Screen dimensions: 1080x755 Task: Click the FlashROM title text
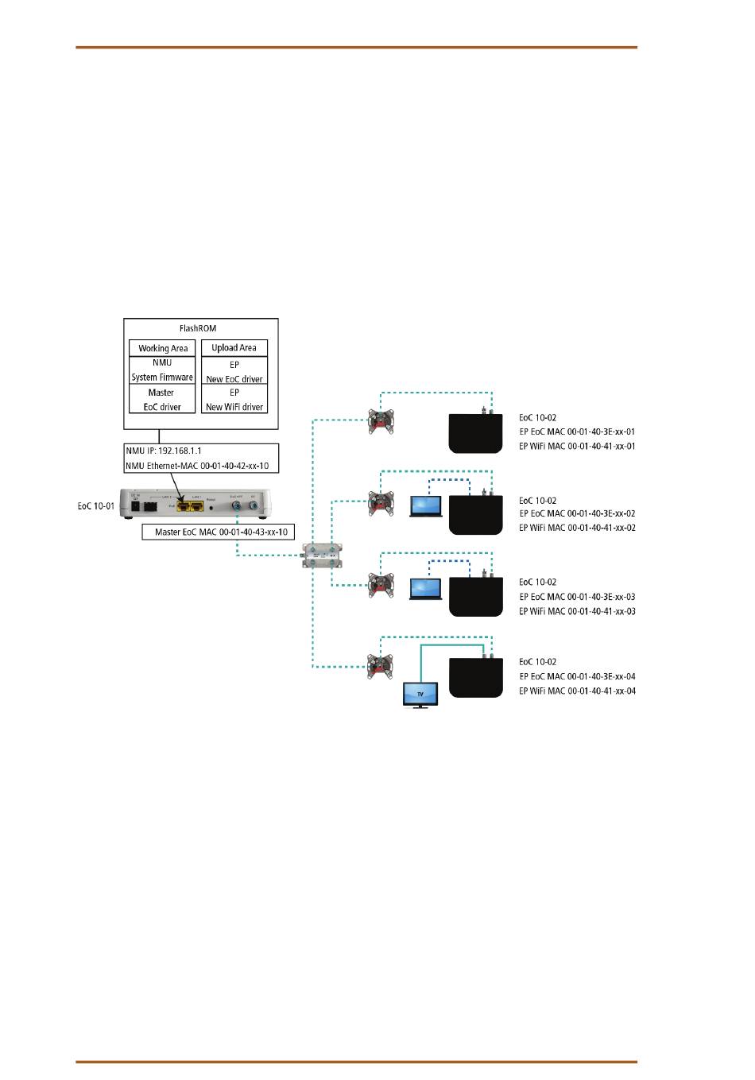click(x=198, y=328)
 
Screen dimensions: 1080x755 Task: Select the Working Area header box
click(x=163, y=348)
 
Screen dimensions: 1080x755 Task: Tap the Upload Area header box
click(x=234, y=347)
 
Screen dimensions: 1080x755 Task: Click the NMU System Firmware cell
click(x=162, y=370)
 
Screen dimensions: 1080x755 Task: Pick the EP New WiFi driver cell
click(x=234, y=399)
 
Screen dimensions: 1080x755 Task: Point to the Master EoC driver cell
click(x=162, y=399)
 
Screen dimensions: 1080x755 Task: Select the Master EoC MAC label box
click(x=218, y=532)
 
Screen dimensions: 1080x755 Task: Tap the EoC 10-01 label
click(x=95, y=505)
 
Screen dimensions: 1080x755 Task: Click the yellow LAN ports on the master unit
click(x=191, y=505)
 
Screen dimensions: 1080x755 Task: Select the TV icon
click(x=420, y=694)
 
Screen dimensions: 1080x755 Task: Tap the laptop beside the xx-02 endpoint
click(x=426, y=506)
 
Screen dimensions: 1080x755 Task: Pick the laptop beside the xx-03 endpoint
click(x=426, y=588)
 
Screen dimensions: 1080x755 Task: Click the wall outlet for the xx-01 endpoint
click(x=381, y=420)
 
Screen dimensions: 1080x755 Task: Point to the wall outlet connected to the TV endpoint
click(x=381, y=666)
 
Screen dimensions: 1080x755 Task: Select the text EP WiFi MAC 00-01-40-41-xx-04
click(x=577, y=691)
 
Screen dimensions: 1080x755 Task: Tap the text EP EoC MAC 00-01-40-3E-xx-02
click(x=577, y=513)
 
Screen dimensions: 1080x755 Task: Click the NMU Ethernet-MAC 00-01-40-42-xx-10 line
click(x=197, y=466)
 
